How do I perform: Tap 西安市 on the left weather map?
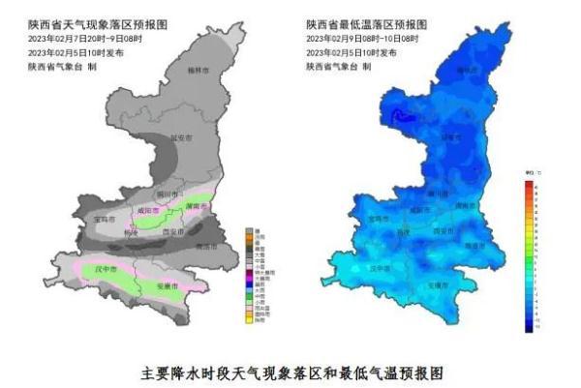tap(172, 232)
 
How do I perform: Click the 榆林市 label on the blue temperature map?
tap(467, 71)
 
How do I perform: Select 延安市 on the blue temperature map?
tap(451, 137)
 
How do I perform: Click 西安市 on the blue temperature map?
tap(443, 231)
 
